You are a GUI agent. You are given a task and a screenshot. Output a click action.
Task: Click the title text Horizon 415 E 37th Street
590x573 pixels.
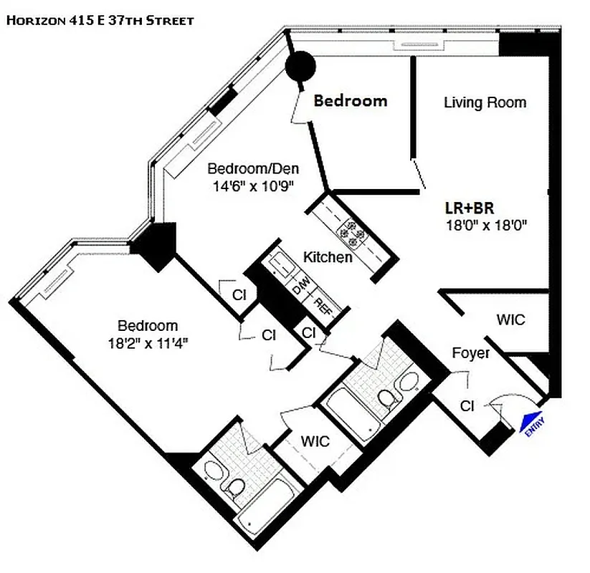point(100,21)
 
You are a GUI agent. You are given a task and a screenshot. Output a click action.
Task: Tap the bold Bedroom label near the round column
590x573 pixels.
point(351,101)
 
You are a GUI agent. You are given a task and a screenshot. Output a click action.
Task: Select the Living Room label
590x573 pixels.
point(485,102)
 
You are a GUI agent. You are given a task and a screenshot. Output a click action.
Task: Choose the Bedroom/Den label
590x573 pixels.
point(253,169)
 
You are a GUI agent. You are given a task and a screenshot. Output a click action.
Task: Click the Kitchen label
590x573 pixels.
point(328,256)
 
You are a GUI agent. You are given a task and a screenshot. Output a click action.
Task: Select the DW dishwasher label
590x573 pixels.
point(301,290)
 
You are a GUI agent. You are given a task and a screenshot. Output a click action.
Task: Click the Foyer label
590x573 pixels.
point(472,353)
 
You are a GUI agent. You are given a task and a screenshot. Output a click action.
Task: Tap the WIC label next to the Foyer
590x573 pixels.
point(510,319)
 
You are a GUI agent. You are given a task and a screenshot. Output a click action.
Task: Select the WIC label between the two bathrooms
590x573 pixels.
point(315,440)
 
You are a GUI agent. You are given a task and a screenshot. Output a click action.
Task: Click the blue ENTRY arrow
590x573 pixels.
point(530,423)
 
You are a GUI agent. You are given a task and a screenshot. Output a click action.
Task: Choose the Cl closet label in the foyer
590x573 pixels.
point(467,406)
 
